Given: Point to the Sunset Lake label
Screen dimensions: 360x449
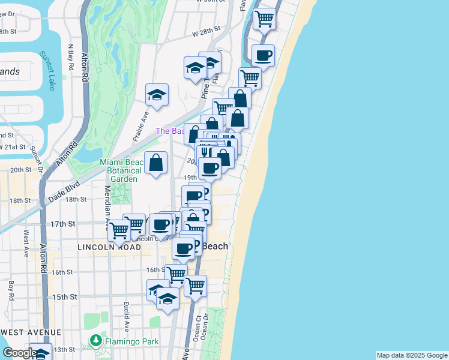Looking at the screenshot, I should coord(47,67).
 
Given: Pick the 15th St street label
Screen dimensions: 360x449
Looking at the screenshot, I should coord(64,297).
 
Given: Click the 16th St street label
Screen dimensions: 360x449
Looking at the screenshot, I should coord(62,272).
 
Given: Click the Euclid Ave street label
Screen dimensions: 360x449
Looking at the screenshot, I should coord(126,317).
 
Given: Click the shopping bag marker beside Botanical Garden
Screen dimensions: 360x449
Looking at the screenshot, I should coord(155,163).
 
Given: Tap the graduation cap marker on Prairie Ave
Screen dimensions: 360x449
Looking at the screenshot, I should coord(157,95).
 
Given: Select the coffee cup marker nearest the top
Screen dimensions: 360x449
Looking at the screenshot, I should coord(263,56).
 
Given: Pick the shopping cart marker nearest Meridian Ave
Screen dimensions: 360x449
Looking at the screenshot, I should coord(119,229).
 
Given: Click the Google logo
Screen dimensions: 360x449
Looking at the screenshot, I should coord(20,353).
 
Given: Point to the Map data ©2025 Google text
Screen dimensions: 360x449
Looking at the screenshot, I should coord(412,355).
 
